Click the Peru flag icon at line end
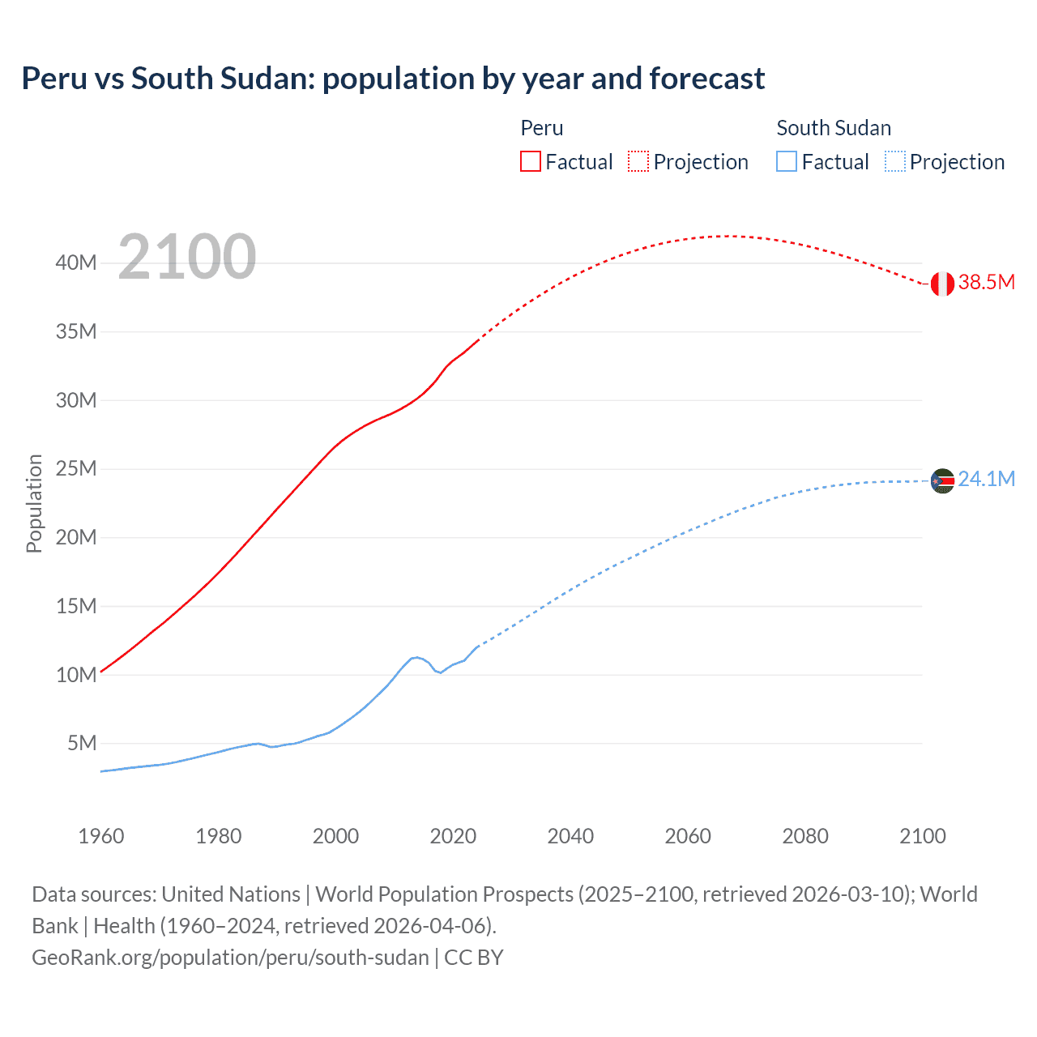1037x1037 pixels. coord(942,284)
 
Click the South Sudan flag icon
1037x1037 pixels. coord(942,480)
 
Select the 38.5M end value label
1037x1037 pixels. coord(986,282)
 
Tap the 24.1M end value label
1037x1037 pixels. coord(986,479)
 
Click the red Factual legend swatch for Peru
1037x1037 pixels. coord(530,161)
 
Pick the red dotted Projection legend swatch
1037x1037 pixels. coord(638,161)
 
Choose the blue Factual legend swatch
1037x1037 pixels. coord(786,161)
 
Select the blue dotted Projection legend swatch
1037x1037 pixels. coord(894,161)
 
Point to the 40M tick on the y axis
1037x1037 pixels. coord(76,262)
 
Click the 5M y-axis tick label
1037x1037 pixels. coord(82,743)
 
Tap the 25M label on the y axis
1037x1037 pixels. coord(76,468)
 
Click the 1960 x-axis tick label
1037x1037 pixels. coord(101,836)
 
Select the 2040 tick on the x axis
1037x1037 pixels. coord(570,836)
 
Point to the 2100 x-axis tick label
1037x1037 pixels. coord(922,836)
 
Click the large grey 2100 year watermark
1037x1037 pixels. coord(187,257)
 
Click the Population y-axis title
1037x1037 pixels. coord(34,503)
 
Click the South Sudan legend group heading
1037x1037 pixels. coord(834,128)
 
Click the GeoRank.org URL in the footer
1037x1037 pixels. coord(230,957)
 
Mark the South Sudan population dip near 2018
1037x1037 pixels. coord(439,672)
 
